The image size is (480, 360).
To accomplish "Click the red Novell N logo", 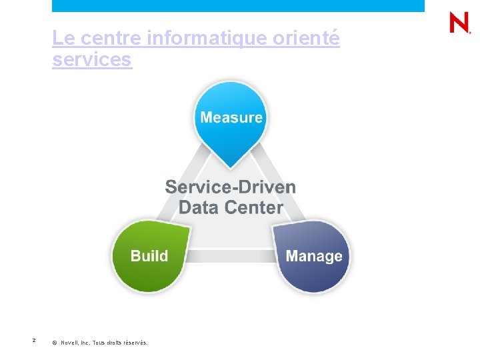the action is [459, 23].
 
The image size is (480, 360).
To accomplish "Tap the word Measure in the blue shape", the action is [231, 118].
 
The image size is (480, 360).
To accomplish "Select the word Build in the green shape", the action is [149, 256].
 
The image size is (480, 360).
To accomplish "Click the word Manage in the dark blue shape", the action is [314, 256].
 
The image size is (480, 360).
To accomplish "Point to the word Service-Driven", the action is [231, 187].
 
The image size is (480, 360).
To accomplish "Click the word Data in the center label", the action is [199, 207].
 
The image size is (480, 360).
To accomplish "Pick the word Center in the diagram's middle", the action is [254, 207].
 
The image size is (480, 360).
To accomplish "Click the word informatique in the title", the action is [207, 39].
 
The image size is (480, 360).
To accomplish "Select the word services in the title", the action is [92, 60].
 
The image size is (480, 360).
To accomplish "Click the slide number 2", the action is [34, 341].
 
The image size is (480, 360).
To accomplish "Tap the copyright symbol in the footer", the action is [54, 343].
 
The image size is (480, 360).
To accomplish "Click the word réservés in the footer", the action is [135, 343].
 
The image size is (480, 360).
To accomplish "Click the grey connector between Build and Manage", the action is [231, 256].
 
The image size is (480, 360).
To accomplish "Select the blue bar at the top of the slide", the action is [238, 5].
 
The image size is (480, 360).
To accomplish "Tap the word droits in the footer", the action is [113, 343].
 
